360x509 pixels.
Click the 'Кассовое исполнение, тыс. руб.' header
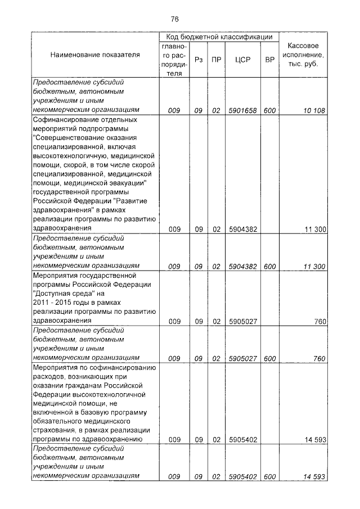point(304,55)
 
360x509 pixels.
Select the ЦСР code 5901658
point(242,111)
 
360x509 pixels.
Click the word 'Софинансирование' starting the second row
point(64,120)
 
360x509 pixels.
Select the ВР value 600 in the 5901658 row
point(269,111)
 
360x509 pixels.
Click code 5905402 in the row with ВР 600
point(242,476)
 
